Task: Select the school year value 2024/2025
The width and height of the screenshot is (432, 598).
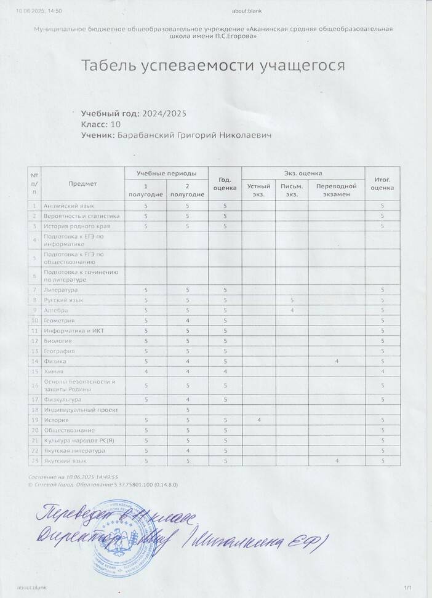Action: pos(164,114)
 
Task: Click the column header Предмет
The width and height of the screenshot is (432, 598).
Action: pos(82,183)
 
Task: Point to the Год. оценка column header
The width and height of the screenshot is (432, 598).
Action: pos(224,183)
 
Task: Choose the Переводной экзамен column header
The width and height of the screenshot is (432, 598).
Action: pos(337,189)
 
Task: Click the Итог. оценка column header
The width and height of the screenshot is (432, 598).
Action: pos(382,183)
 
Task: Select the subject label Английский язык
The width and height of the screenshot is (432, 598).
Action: pos(68,205)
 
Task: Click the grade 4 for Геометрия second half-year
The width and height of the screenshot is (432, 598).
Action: pos(187,321)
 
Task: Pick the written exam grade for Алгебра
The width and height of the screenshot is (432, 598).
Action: pos(292,310)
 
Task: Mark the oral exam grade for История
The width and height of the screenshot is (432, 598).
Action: pos(258,420)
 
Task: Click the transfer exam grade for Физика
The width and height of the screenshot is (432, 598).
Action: pos(337,361)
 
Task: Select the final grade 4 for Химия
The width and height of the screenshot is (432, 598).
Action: pos(382,371)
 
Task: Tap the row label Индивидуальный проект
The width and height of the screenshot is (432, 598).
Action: pos(77,409)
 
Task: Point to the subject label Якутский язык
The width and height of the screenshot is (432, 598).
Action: pos(65,460)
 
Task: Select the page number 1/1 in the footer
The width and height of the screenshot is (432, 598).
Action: pos(407,588)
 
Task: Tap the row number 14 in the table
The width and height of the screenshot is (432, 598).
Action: pos(35,361)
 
